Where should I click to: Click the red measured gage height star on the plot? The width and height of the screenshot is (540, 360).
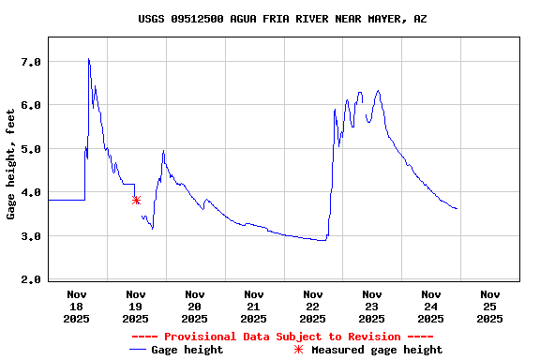tap(136, 200)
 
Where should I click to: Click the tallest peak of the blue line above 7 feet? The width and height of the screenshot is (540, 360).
tap(88, 59)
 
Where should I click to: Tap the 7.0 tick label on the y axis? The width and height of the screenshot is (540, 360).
tap(31, 62)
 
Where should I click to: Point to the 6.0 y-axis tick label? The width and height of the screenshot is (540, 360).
tap(31, 105)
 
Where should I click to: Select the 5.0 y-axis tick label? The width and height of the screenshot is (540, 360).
tap(31, 149)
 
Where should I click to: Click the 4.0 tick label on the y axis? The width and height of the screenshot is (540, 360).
tap(31, 192)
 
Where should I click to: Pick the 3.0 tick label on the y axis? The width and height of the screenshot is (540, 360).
tap(31, 236)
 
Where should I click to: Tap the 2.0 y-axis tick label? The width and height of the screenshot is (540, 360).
tap(31, 279)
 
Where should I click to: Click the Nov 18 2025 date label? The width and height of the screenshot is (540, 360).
tap(77, 306)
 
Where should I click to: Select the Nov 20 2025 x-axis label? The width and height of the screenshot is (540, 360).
tap(195, 306)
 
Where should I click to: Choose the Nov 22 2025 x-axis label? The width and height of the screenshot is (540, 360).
tap(313, 306)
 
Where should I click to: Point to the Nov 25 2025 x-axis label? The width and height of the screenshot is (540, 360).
tap(489, 306)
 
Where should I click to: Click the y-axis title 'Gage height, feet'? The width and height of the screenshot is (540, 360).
tap(11, 163)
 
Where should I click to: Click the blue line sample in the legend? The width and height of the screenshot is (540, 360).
tap(138, 350)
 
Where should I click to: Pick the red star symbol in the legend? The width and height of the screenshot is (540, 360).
tap(299, 350)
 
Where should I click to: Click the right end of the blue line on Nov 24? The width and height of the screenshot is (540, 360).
tap(457, 208)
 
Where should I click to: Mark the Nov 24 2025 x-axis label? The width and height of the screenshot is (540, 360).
tap(430, 306)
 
